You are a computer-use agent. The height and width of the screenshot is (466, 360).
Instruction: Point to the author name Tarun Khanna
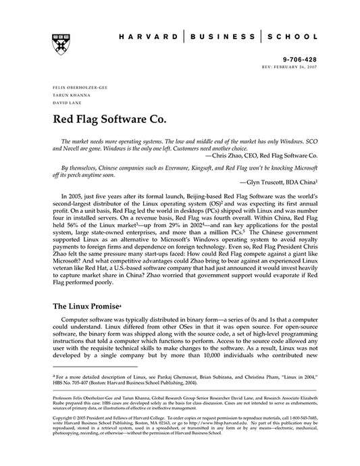pyautogui.click(x=65, y=95)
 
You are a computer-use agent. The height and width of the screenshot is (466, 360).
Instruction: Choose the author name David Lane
pyautogui.click(x=63, y=102)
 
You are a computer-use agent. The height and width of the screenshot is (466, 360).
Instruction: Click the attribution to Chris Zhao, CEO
pyautogui.click(x=252, y=155)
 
